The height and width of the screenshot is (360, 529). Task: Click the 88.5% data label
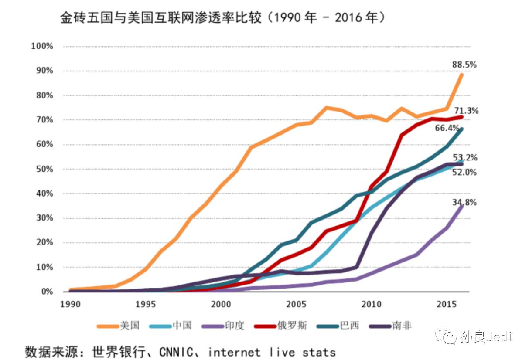click(464, 65)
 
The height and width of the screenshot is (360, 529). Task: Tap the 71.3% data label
click(466, 111)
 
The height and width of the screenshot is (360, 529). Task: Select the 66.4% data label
click(447, 128)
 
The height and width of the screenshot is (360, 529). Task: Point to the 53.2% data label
click(465, 157)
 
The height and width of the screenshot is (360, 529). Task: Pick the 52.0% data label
click(465, 172)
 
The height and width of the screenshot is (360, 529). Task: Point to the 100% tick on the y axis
click(42, 46)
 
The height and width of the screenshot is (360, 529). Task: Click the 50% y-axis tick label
click(44, 169)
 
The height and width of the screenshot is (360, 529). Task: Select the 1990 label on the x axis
click(70, 304)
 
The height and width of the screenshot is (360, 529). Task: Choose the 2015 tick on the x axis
click(446, 304)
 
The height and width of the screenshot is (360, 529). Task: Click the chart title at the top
click(222, 18)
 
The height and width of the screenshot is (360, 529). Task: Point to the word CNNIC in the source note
click(180, 352)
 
